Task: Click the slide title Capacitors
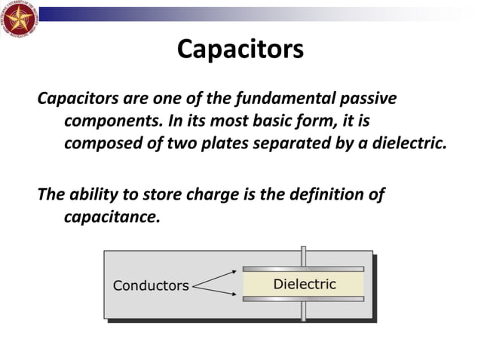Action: pyautogui.click(x=240, y=50)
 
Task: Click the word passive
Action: pyautogui.click(x=364, y=99)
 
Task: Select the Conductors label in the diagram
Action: pyautogui.click(x=151, y=286)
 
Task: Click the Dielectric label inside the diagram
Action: pyautogui.click(x=304, y=285)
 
